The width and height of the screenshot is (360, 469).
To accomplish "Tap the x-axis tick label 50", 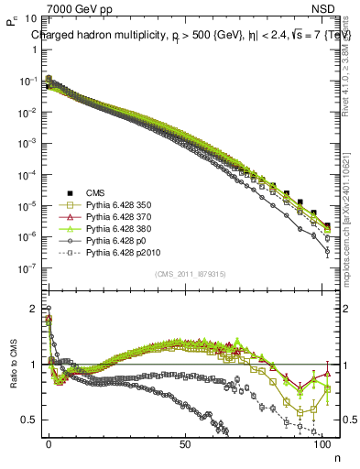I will point(186,443).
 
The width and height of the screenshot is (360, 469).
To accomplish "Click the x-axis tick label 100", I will point(322,443).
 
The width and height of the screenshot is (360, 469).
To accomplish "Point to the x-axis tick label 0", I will point(49,443).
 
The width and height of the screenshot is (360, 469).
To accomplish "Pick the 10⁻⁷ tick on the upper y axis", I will point(27,268).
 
